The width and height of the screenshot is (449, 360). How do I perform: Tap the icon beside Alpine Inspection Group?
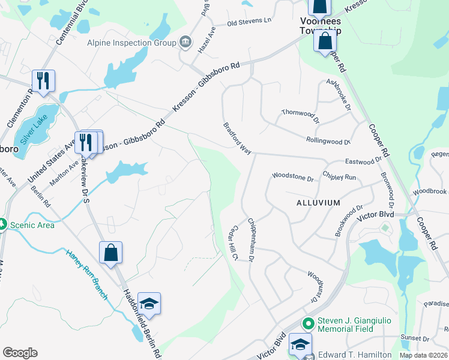point(185,42)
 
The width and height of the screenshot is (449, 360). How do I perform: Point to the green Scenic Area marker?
point(2,225)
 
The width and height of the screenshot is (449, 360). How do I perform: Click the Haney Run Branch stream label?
point(86,274)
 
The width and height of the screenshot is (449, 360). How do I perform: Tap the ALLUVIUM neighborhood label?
point(318,203)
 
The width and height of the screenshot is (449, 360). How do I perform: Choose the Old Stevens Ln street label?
point(249,21)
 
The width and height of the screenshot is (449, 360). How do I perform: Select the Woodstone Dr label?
point(293,178)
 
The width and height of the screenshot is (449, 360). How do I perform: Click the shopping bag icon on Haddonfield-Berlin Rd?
point(111,252)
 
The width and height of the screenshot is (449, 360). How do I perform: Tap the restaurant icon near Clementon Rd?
point(43,81)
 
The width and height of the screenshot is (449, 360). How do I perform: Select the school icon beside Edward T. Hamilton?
point(300,344)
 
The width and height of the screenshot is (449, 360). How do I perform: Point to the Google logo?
point(20,353)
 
